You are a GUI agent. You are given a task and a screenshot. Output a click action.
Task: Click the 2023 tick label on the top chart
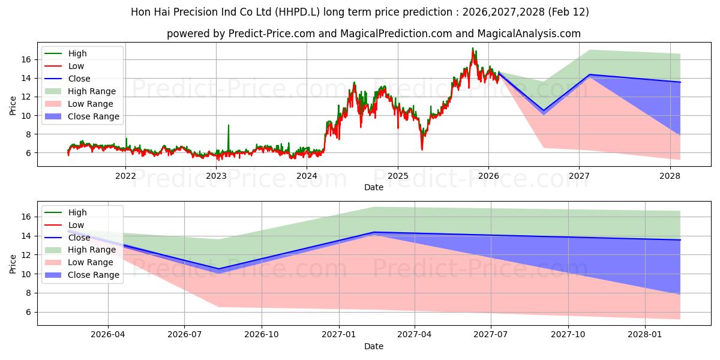pyautogui.click(x=216, y=176)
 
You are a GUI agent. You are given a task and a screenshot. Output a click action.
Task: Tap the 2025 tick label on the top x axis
pyautogui.click(x=397, y=176)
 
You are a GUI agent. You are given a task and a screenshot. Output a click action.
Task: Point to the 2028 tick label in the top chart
pyautogui.click(x=670, y=176)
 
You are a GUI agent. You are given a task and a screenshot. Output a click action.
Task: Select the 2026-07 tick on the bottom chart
pyautogui.click(x=184, y=335)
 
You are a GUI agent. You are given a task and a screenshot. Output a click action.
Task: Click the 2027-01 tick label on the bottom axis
pyautogui.click(x=340, y=335)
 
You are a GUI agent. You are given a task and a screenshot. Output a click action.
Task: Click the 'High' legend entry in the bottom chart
pyautogui.click(x=77, y=212)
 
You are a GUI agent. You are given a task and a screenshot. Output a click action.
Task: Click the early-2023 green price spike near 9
pyautogui.click(x=228, y=125)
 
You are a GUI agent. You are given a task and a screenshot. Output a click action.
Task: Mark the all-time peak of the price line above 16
pyautogui.click(x=472, y=48)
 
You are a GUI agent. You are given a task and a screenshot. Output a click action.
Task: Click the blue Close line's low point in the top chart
pyautogui.click(x=544, y=110)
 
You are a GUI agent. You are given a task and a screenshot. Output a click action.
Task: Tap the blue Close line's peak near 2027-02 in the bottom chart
pyautogui.click(x=374, y=232)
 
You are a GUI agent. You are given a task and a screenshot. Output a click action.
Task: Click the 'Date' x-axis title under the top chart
pyautogui.click(x=373, y=187)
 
